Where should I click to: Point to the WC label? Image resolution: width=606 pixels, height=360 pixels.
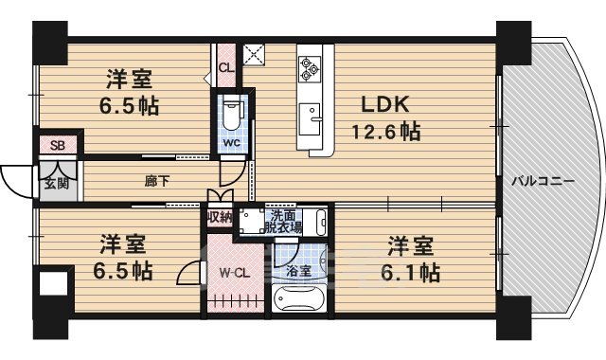pos(232,144)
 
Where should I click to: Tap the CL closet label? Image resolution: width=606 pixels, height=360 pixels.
pos(225,68)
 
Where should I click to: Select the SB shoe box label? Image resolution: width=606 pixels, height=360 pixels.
pos(57,146)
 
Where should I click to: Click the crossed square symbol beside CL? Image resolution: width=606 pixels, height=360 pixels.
pos(254,54)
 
